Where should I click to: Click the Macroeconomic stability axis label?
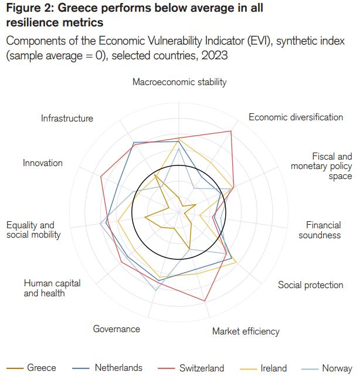(x=179, y=82)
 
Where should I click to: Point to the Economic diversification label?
(x=296, y=117)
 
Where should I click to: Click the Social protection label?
(x=310, y=285)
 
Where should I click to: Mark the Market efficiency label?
(x=246, y=332)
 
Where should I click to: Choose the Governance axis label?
(x=117, y=329)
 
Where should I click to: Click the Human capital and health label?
(x=52, y=287)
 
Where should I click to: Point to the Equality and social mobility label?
(x=33, y=229)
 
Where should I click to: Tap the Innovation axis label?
(x=43, y=163)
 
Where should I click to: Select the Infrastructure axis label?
(x=67, y=118)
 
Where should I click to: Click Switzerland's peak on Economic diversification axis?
(x=230, y=131)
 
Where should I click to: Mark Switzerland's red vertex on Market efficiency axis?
(x=205, y=301)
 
